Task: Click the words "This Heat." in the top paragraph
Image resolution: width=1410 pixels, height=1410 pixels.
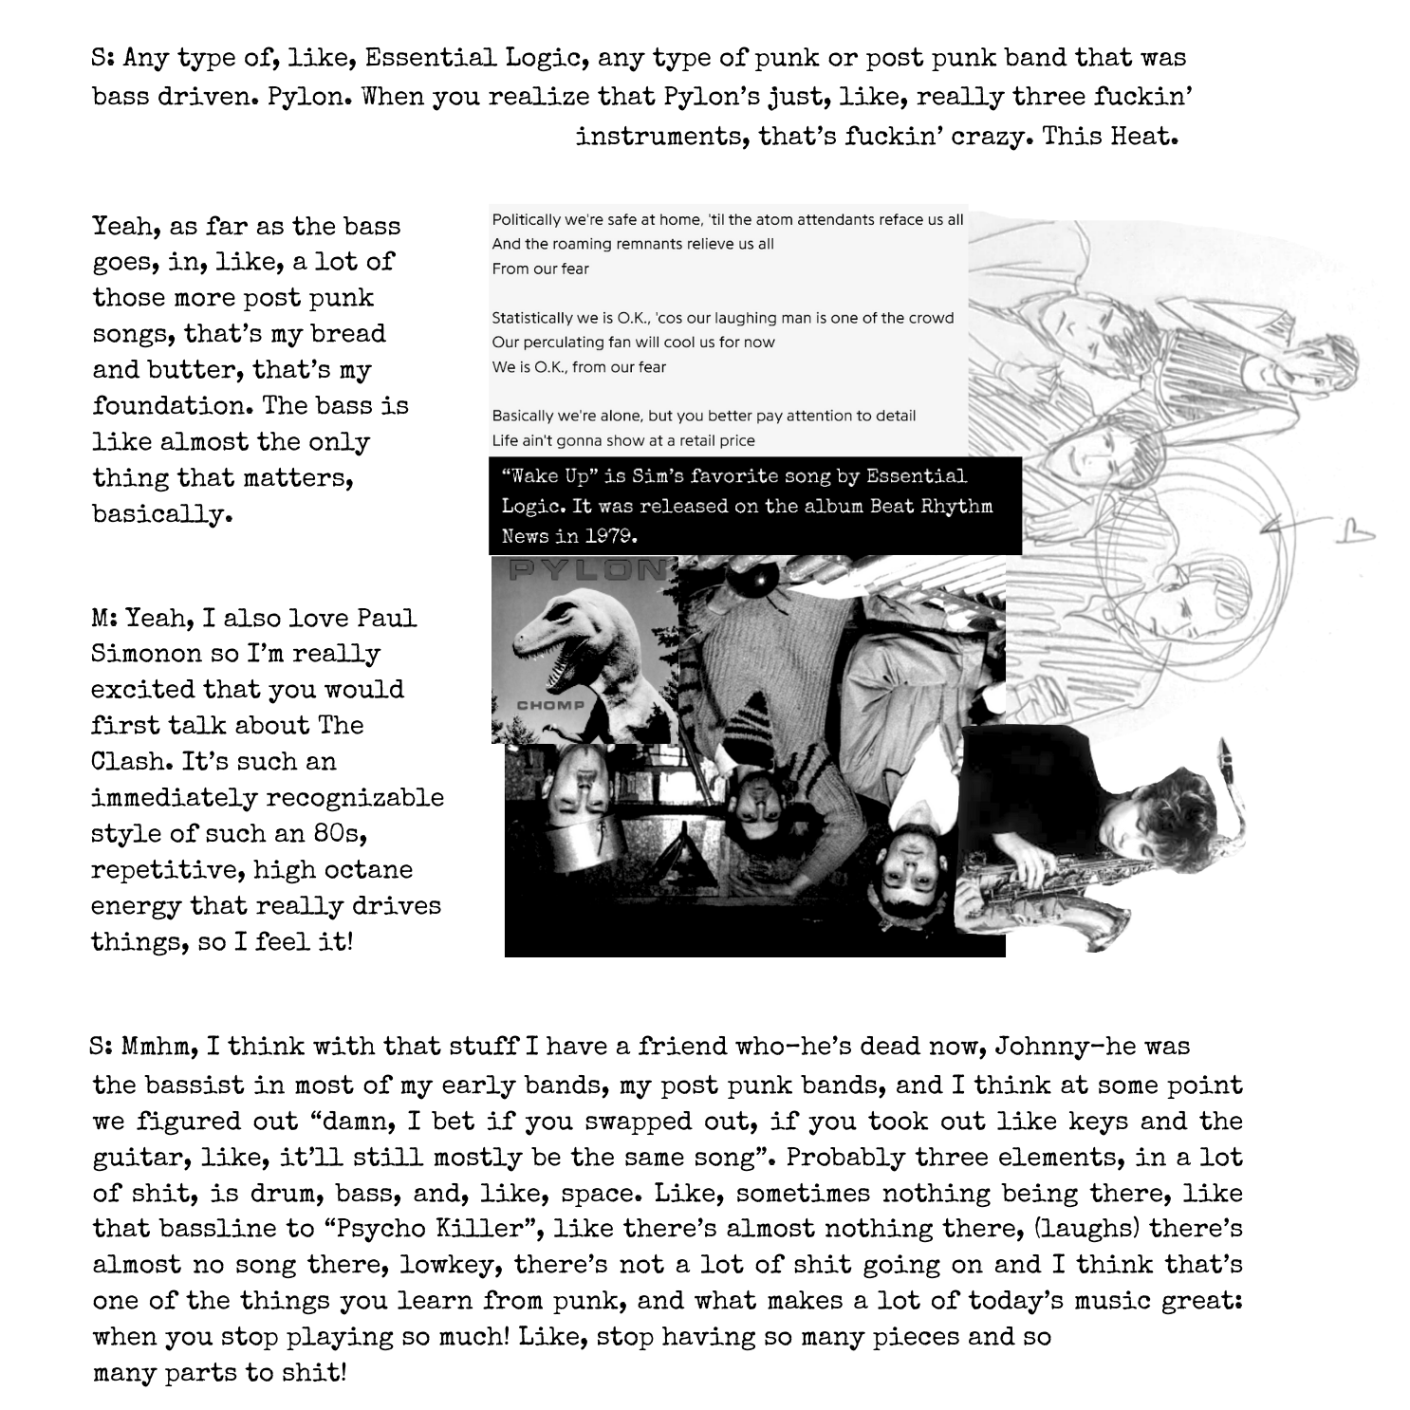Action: [x=1110, y=136]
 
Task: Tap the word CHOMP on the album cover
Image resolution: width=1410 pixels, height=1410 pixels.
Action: [x=549, y=705]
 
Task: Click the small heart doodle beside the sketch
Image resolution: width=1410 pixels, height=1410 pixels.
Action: [x=1353, y=535]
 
